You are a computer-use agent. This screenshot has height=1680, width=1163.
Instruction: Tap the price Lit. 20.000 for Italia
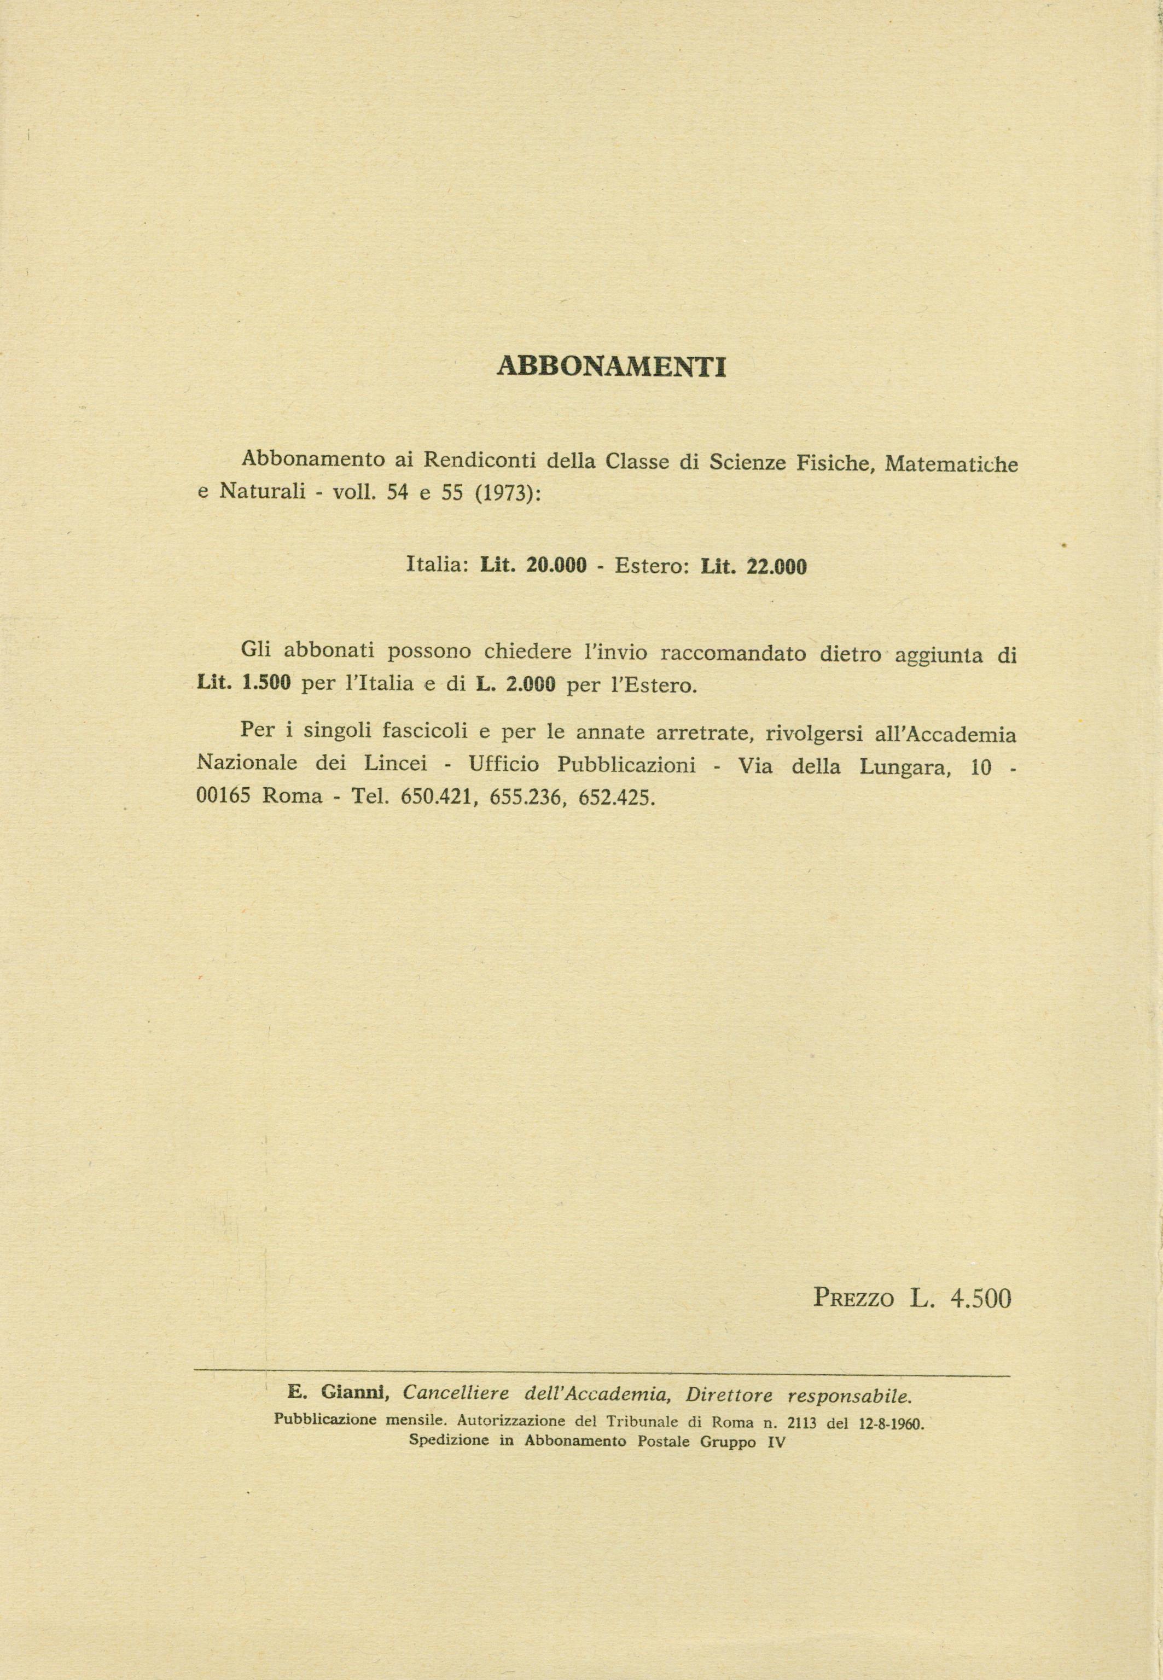pos(533,565)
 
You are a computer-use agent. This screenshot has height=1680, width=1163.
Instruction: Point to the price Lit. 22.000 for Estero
pos(753,566)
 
